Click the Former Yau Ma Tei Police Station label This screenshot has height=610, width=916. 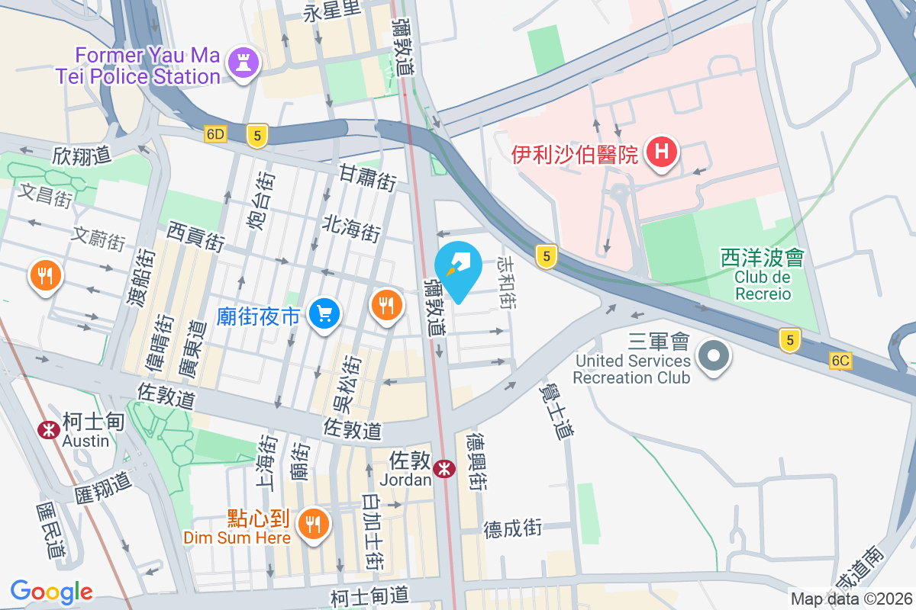point(137,66)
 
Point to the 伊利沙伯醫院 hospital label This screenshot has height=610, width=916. point(574,156)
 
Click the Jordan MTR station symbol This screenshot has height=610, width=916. point(443,470)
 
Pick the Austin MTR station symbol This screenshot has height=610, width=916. point(49,430)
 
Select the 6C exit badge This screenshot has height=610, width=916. point(840,361)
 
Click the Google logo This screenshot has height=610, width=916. point(52,591)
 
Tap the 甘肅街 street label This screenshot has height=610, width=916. point(368,181)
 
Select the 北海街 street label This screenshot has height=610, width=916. point(351,226)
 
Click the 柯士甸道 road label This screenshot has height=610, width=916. point(370,594)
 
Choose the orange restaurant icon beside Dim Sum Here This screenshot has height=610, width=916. point(312,524)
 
